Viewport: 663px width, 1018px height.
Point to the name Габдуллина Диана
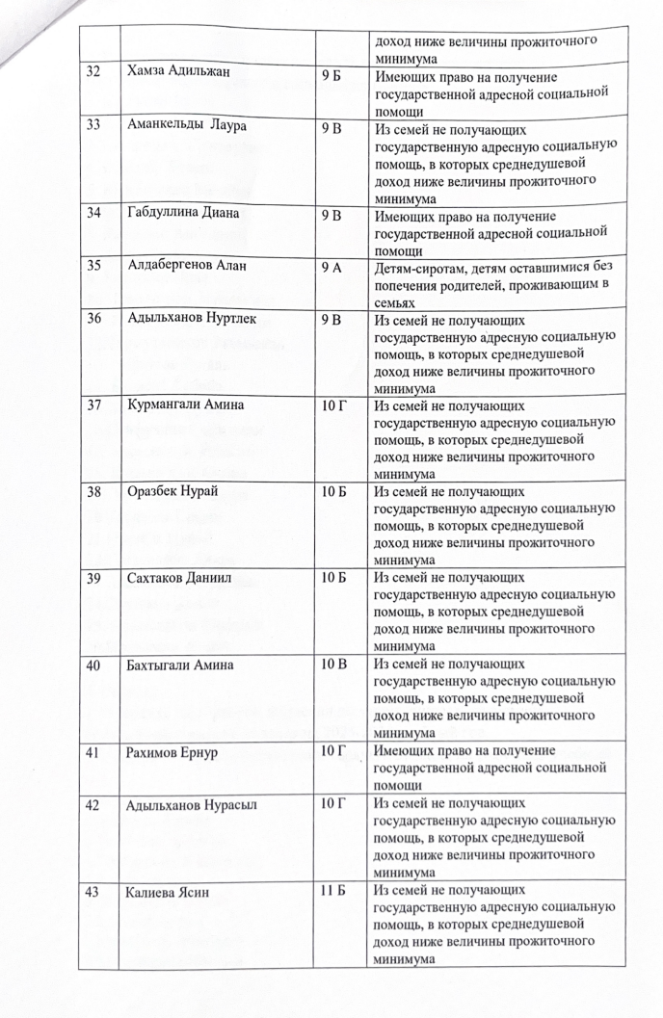click(x=182, y=213)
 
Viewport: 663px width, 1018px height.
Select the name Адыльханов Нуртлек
click(x=193, y=317)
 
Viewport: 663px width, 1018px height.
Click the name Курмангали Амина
click(x=186, y=405)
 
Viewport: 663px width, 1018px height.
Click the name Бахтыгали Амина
click(x=183, y=666)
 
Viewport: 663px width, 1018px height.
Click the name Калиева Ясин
click(x=169, y=893)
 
